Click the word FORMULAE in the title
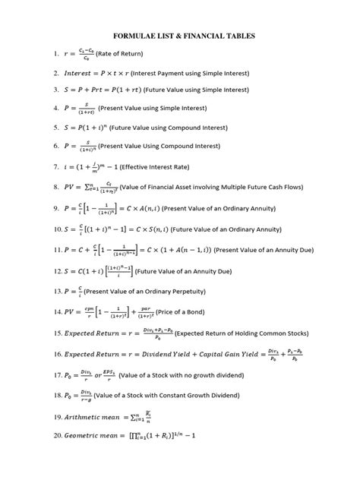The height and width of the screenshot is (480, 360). point(136,36)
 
